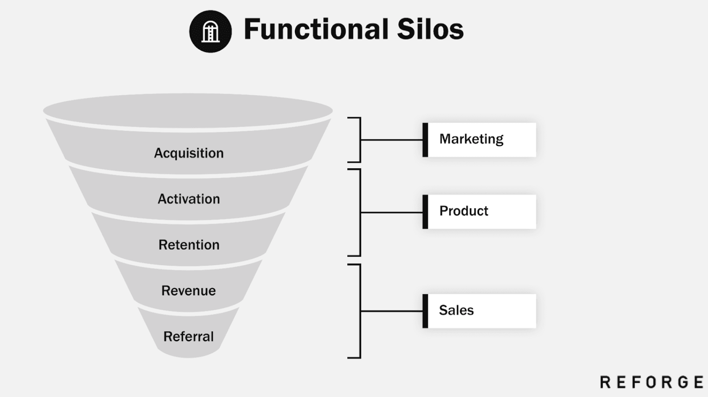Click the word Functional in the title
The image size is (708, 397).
point(316,29)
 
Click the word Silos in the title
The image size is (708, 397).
point(430,29)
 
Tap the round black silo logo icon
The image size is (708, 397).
point(210,31)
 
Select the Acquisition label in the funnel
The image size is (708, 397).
point(189,153)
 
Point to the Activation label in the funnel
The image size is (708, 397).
point(189,199)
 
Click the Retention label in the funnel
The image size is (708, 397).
point(189,245)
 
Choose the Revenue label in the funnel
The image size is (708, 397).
point(189,290)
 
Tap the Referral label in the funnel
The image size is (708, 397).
point(189,336)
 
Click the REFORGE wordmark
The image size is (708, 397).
point(652,382)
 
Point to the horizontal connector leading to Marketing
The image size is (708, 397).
point(391,140)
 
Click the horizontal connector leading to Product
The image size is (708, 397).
point(391,212)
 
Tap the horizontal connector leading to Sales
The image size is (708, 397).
point(391,311)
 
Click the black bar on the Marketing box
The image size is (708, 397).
point(425,140)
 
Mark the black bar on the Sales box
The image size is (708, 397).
point(425,311)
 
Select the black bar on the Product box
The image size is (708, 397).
point(425,212)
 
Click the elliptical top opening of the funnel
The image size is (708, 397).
point(188,110)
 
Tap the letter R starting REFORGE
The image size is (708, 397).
point(605,382)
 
